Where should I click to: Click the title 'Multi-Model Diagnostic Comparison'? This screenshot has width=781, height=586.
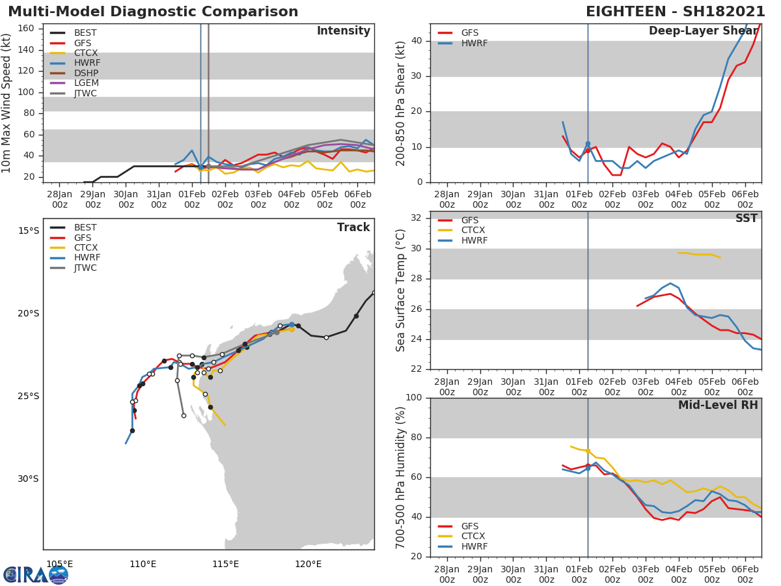click(x=153, y=12)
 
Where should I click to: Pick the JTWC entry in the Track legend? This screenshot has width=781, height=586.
click(x=85, y=268)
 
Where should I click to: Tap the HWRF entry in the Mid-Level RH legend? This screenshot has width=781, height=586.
click(x=474, y=546)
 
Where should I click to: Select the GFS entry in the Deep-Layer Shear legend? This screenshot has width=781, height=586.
click(x=470, y=33)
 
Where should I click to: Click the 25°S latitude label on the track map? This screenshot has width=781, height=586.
click(x=28, y=396)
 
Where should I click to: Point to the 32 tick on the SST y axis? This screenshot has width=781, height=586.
click(x=415, y=218)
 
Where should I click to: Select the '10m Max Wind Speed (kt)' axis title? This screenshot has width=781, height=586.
click(x=7, y=103)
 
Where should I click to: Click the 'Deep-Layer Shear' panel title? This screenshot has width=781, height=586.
click(x=703, y=31)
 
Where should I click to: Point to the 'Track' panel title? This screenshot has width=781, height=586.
click(x=353, y=227)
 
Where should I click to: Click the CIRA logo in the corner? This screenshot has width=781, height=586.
click(x=36, y=574)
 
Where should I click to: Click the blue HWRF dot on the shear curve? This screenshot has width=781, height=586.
click(x=588, y=144)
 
